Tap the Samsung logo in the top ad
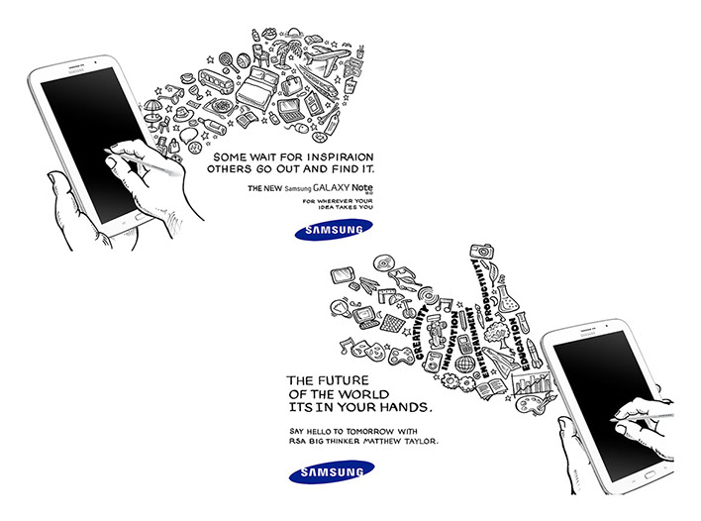coord(333,232)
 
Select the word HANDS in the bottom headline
coord(405,407)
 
